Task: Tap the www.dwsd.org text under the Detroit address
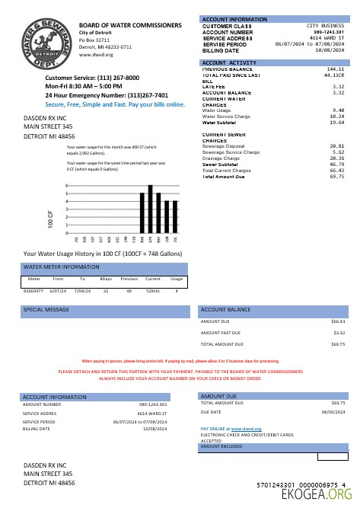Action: point(95,55)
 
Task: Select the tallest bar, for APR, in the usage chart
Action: point(151,209)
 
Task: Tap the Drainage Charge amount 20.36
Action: point(337,158)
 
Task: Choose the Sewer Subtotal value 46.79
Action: point(337,164)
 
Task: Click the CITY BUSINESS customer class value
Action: point(328,26)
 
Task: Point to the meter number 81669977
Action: point(34,290)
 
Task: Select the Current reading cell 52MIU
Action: point(154,290)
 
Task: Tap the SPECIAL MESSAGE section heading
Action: point(44,311)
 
